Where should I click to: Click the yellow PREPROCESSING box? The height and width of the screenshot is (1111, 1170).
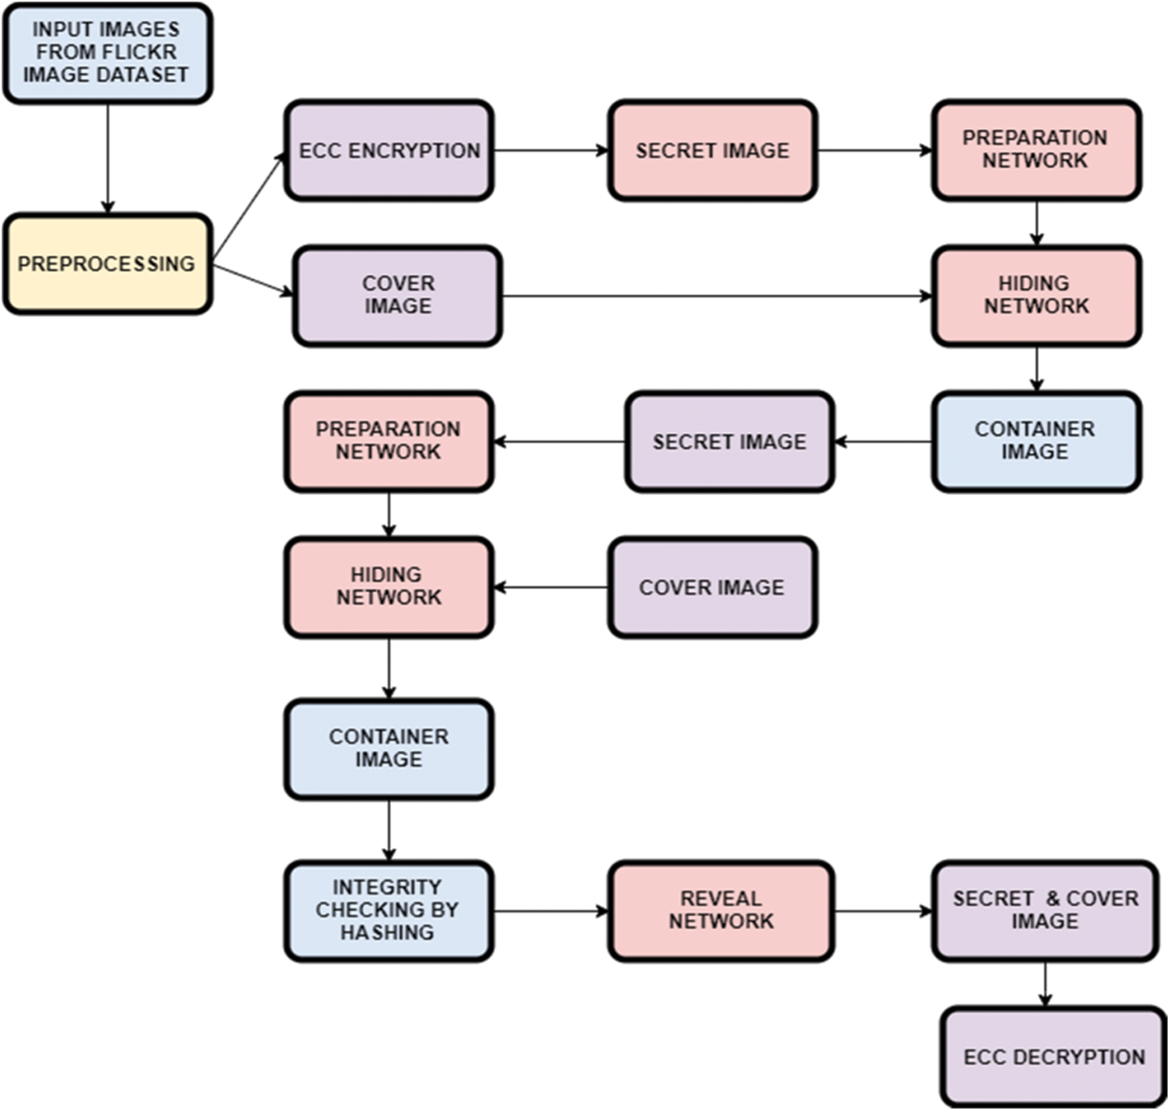pos(107,264)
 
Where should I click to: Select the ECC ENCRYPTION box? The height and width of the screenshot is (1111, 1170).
pos(389,150)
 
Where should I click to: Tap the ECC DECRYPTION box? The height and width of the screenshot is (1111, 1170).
pos(1053,1057)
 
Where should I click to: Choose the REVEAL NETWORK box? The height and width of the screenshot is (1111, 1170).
pos(721,910)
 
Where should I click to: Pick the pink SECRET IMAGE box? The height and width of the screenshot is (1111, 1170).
pos(712,150)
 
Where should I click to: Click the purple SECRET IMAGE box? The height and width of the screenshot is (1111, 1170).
pos(729,442)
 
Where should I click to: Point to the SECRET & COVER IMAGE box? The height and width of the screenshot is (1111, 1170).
pos(1045,910)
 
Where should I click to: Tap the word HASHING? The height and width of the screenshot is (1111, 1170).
pos(387,932)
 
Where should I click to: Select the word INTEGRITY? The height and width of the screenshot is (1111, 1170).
pos(387,887)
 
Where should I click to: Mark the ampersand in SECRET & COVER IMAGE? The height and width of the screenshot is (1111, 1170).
pos(1053,899)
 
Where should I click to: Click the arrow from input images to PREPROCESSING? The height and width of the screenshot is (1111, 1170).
pos(107,159)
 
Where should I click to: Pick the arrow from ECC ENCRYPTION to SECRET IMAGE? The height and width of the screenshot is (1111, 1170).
pos(550,150)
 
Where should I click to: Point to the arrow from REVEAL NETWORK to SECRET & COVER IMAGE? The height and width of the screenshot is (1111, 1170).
pos(882,910)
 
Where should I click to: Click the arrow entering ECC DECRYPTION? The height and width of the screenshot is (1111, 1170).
pos(1045,984)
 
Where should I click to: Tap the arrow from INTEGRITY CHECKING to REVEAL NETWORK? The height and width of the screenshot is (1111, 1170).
pos(550,910)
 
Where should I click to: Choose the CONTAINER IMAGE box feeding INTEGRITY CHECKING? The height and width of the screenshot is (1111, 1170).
pos(389,749)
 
